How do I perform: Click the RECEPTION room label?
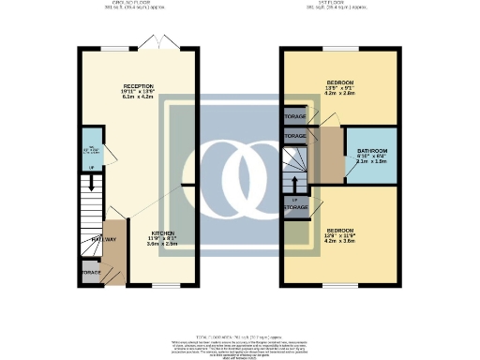[138, 86]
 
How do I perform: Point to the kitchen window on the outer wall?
[167, 285]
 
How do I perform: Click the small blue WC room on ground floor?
[90, 150]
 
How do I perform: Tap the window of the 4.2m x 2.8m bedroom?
[334, 48]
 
